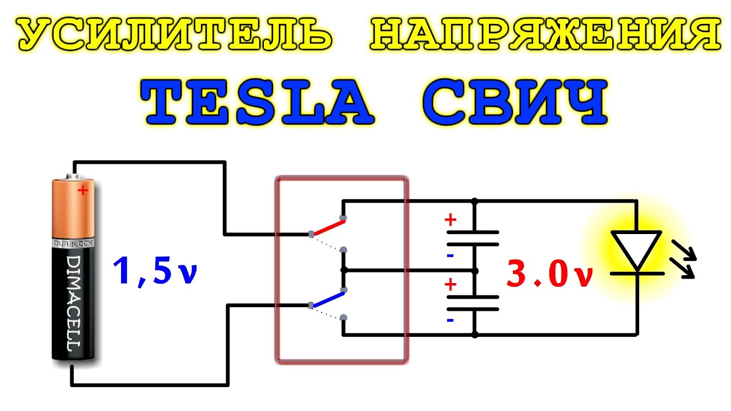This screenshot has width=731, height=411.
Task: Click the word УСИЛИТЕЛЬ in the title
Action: (x=174, y=35)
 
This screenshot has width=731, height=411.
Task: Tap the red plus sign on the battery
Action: (x=83, y=191)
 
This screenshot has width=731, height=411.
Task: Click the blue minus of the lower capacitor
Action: (x=451, y=320)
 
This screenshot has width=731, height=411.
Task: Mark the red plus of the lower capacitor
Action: (x=451, y=284)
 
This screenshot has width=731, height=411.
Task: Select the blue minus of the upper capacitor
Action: (x=451, y=255)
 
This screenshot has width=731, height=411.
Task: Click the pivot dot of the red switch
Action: (x=311, y=234)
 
